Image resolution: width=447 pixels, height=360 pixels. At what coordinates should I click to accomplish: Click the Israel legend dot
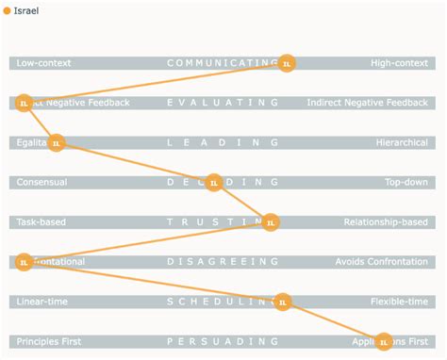tap(8, 10)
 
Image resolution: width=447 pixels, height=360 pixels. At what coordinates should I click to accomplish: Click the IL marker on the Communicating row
tap(287, 63)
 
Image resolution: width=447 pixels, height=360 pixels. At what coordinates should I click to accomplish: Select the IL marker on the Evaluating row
tap(25, 103)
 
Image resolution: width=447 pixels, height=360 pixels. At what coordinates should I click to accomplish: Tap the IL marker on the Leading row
tap(56, 143)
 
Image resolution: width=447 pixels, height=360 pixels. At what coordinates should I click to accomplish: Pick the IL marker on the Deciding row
tap(214, 183)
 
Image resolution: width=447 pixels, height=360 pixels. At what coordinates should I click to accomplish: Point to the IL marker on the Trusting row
tap(271, 222)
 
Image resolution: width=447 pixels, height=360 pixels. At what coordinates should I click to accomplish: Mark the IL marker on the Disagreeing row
tap(25, 262)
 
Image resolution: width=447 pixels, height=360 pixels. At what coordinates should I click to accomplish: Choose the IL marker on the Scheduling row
tap(282, 302)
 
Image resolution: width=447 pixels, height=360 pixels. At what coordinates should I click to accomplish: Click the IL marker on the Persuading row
tap(384, 341)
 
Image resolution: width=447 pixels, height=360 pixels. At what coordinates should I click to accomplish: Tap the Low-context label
tap(43, 63)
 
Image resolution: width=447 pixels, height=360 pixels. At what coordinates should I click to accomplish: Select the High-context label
tap(400, 63)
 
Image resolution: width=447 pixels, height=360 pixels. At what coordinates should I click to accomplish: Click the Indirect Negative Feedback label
tap(367, 103)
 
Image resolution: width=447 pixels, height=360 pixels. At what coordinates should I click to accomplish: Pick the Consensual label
tap(41, 183)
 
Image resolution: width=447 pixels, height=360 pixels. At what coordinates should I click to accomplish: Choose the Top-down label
tap(406, 183)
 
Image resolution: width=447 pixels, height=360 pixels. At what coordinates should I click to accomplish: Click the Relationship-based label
tap(386, 222)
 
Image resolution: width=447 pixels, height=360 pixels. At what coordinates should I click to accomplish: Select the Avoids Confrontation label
tap(382, 262)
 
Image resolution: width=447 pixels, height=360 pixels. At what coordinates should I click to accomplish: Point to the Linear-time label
tap(43, 302)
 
